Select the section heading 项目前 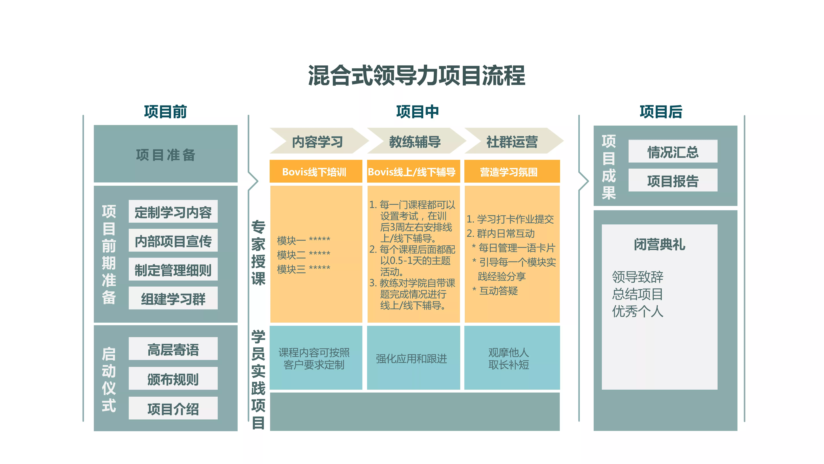click(165, 112)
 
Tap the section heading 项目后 click(661, 112)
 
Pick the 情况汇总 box click(673, 151)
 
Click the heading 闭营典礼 click(660, 244)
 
